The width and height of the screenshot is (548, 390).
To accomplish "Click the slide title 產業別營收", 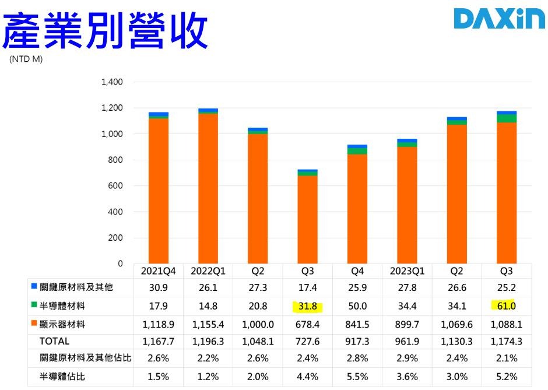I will (x=105, y=30).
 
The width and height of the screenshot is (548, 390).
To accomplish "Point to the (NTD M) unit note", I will (x=26, y=59).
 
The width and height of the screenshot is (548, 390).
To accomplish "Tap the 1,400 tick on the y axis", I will (x=112, y=82).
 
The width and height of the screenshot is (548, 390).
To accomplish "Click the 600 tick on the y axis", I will (x=115, y=186).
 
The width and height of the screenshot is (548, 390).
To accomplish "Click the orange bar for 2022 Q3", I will (x=307, y=219).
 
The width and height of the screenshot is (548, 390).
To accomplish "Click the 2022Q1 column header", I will (x=208, y=271).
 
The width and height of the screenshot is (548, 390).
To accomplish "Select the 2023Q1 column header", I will (x=407, y=271).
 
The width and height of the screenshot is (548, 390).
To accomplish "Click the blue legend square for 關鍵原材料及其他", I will (x=34, y=287).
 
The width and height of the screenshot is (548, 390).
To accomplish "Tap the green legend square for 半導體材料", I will (x=34, y=305).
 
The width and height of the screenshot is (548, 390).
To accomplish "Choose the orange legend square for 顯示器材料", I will (x=34, y=323).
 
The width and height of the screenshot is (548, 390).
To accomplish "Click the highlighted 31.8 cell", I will (x=307, y=305).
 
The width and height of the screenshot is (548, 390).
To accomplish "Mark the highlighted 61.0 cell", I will (x=506, y=305).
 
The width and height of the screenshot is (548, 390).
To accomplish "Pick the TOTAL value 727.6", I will (x=307, y=341).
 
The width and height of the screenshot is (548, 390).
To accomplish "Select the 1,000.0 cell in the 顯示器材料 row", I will (x=258, y=324).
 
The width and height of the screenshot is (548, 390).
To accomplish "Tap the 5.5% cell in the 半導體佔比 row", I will (x=357, y=377).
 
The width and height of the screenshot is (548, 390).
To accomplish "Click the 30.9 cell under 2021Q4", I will (x=159, y=287).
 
